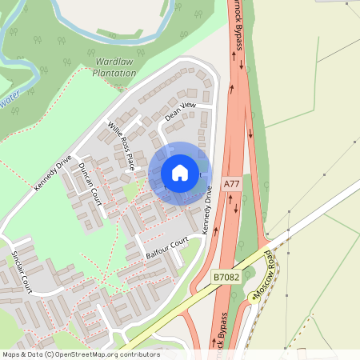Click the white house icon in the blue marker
pos(180,173)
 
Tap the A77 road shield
pos(232,184)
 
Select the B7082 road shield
pos(226,277)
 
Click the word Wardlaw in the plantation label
pos(114,61)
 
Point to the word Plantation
pos(114,73)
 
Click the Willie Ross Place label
pos(121,146)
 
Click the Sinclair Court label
pos(22,270)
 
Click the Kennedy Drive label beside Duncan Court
pos(53,172)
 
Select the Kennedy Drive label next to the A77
pos(206,210)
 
